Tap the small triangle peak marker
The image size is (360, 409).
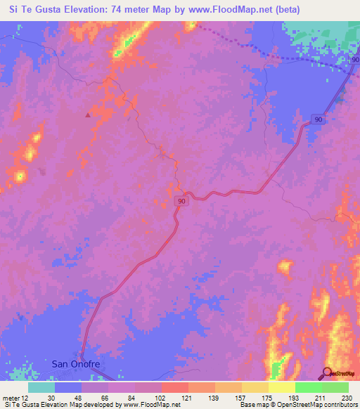coord(88,114)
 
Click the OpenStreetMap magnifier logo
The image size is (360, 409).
coord(328,373)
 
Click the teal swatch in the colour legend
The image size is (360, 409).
coord(41,387)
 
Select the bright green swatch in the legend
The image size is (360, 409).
coord(308,387)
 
